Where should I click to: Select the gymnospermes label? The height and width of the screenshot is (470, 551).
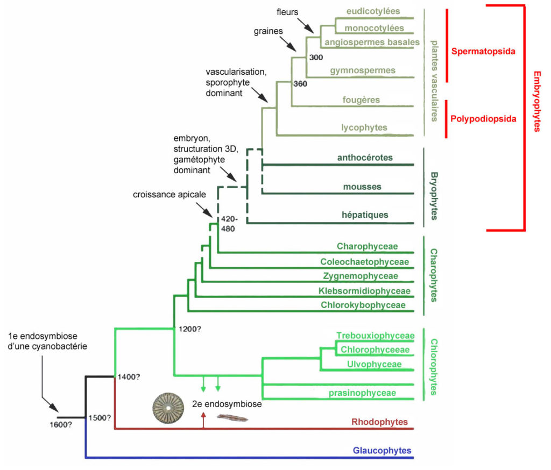[x=369, y=70]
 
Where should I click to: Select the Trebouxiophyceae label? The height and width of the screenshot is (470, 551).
[x=375, y=336]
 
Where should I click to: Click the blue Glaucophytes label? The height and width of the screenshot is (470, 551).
[x=382, y=451]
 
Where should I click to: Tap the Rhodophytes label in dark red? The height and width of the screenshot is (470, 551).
[x=379, y=422]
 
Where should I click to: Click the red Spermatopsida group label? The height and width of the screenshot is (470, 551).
[x=483, y=52]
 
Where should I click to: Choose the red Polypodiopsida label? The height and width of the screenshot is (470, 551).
[x=483, y=119]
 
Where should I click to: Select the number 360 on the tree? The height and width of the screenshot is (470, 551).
[x=300, y=84]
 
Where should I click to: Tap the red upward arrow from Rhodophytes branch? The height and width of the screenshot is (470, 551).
[x=203, y=420]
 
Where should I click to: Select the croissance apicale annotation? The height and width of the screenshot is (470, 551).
[x=169, y=195]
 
